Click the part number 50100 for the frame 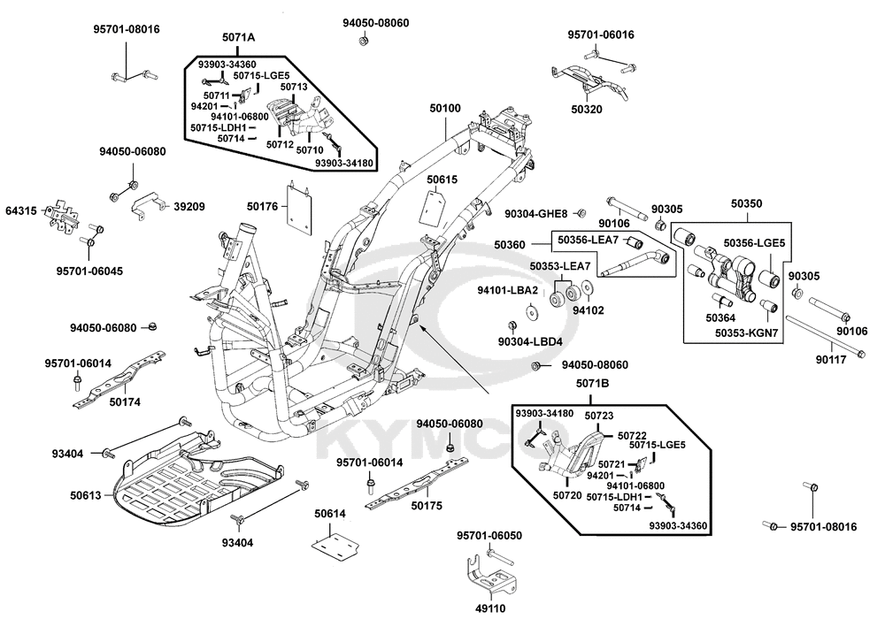(445, 108)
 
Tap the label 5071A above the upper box (238, 37)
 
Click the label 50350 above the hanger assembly (746, 203)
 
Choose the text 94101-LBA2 (534, 289)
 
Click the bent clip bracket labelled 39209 (149, 208)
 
